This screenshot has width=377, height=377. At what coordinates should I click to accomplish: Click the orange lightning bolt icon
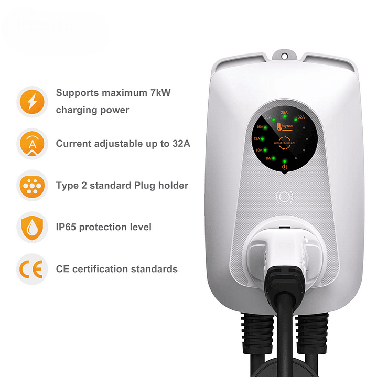[33, 101]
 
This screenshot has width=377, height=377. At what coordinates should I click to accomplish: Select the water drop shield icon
[33, 227]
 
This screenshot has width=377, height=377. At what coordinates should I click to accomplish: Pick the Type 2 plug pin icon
[33, 185]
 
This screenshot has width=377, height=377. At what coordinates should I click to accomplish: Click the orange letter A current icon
[33, 143]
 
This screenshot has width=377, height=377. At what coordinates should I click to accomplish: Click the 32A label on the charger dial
[301, 117]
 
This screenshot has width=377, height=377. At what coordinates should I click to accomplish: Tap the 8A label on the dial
[268, 158]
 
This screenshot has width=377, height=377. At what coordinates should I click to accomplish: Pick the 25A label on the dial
[284, 112]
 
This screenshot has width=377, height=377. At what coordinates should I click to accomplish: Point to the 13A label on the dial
[257, 139]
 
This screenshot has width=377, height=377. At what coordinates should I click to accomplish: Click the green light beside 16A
[266, 127]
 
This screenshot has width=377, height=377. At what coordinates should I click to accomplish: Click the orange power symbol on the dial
[285, 167]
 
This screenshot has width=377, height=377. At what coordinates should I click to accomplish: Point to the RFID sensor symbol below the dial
[284, 196]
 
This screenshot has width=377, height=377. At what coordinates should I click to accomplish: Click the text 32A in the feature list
[178, 143]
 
